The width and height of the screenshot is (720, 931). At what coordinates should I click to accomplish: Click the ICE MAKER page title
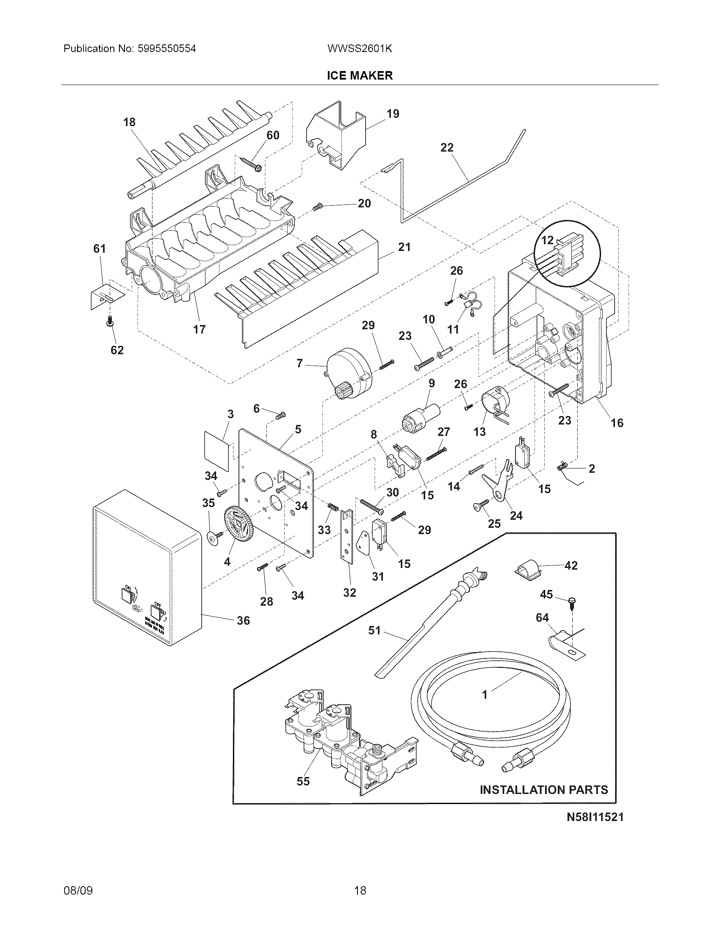coord(360,75)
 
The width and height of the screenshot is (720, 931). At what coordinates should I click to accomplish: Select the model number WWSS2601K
coord(360,49)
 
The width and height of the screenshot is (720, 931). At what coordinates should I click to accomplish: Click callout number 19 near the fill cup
coord(393,114)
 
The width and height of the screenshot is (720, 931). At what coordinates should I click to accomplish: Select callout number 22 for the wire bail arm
coord(447,148)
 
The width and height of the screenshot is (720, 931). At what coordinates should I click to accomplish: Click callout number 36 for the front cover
coord(243,620)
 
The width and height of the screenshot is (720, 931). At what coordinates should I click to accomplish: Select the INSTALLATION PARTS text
coord(543,790)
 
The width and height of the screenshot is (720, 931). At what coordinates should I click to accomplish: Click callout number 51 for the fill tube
coord(374,642)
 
